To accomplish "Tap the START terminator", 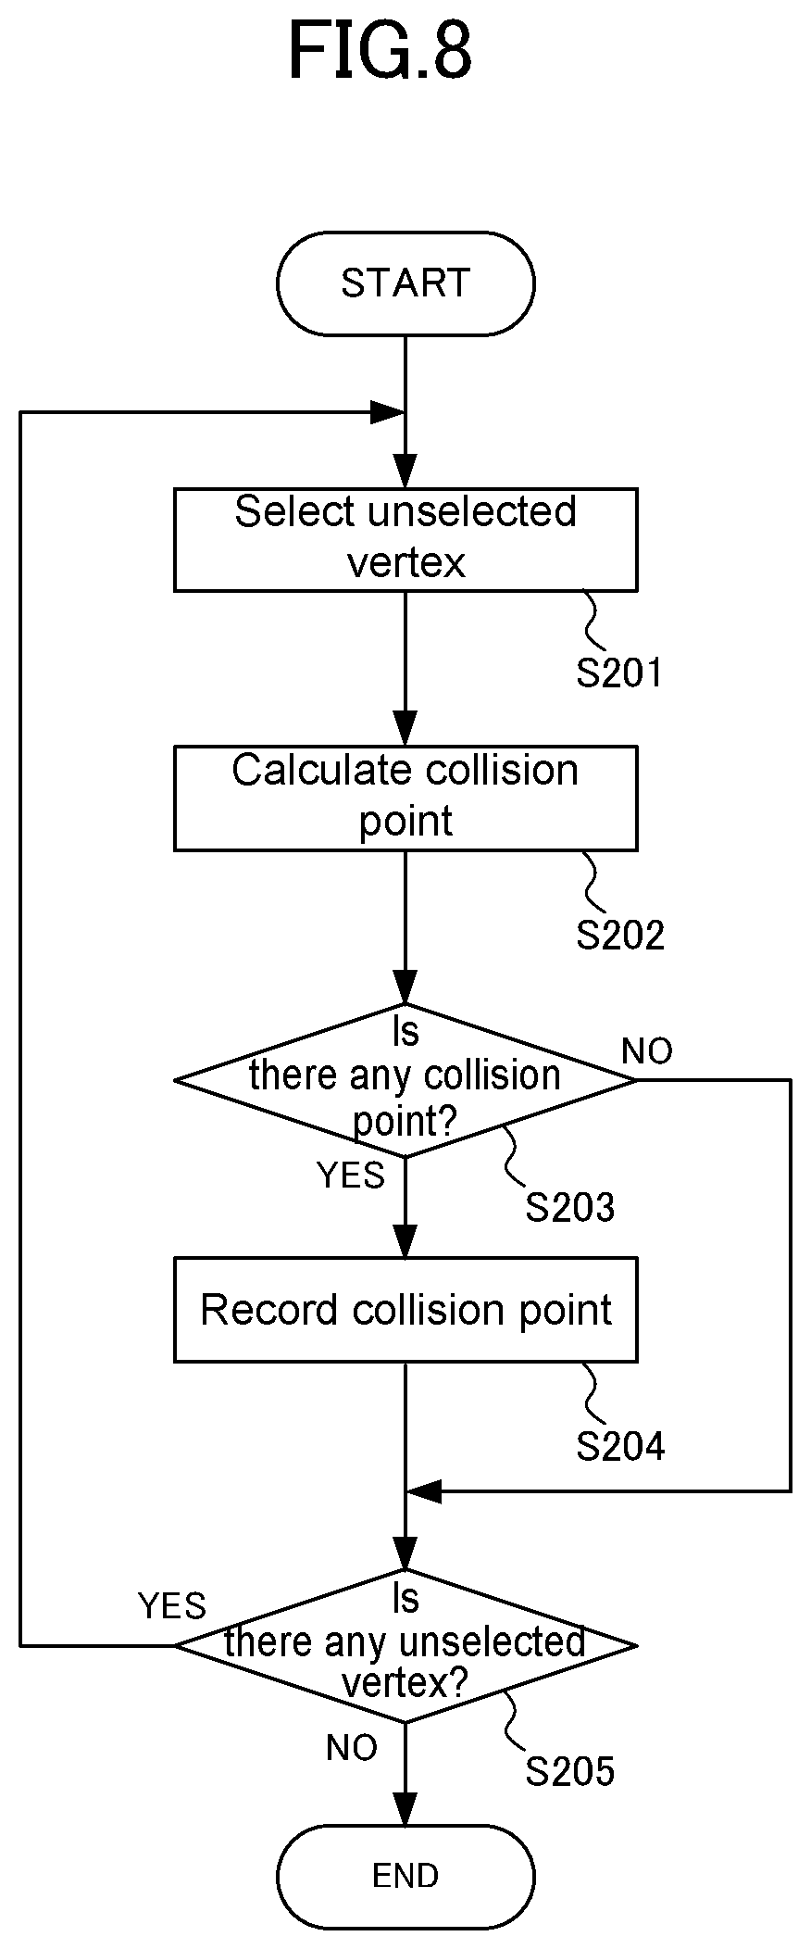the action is [405, 283].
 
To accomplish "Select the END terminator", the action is [405, 1877].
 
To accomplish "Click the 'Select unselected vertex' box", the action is [405, 539].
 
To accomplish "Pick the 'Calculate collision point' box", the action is [405, 798].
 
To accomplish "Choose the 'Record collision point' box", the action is [405, 1310].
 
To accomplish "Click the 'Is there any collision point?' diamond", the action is [405, 1080].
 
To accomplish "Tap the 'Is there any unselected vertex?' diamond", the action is [405, 1645].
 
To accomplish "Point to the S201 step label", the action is [620, 673].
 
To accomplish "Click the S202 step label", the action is [620, 936].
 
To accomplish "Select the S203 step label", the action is [570, 1208].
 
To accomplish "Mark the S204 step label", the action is [620, 1446].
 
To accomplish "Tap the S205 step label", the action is [570, 1771].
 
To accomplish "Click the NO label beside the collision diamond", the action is [647, 1051].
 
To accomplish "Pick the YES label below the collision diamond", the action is [351, 1175].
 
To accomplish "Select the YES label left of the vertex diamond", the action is [172, 1605].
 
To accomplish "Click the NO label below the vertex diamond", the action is [352, 1748].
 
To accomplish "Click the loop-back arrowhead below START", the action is [388, 412].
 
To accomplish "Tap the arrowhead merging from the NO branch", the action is [424, 1491].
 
